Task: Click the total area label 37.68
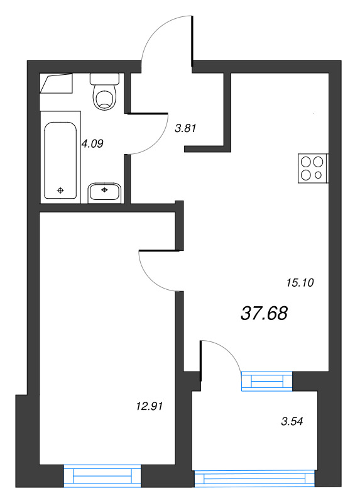click(264, 313)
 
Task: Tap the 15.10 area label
click(300, 282)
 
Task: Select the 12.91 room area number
click(150, 406)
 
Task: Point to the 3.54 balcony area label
click(292, 421)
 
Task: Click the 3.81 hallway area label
click(185, 128)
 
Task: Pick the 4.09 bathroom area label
click(92, 144)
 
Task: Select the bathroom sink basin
click(104, 193)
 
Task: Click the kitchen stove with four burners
click(314, 169)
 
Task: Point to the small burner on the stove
click(319, 175)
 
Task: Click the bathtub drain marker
click(60, 191)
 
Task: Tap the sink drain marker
click(104, 190)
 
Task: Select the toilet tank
click(104, 79)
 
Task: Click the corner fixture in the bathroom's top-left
click(56, 84)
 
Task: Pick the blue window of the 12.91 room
click(102, 476)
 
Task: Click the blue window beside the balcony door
click(267, 381)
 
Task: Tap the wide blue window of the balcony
click(255, 478)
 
